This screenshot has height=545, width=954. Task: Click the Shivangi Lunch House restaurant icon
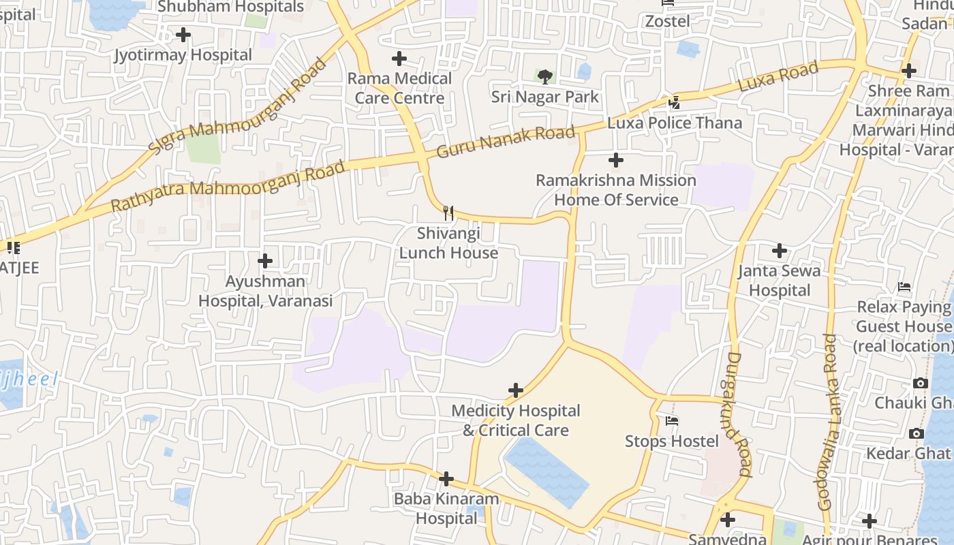(x=448, y=213)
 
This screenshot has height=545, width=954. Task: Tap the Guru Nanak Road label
(x=506, y=140)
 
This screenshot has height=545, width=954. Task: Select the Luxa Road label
(x=778, y=78)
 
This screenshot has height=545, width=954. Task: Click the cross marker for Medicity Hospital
(x=516, y=390)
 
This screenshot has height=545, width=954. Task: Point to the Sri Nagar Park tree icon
(x=544, y=76)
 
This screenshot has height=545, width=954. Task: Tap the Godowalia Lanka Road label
(x=827, y=422)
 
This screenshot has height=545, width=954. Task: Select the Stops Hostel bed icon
(x=672, y=421)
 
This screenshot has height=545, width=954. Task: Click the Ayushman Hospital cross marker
(x=265, y=261)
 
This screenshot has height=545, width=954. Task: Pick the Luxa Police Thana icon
(x=674, y=103)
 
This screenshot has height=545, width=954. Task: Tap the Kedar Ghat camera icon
(x=917, y=433)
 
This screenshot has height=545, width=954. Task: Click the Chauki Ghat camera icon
(x=920, y=383)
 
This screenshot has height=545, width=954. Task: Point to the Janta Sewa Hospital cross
(x=779, y=251)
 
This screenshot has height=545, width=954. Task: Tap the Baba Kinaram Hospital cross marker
(x=446, y=479)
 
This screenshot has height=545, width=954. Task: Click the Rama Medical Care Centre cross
(x=399, y=59)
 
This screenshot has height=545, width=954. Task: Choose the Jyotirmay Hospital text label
(x=183, y=54)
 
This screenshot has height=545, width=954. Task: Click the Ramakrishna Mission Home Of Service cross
(x=615, y=160)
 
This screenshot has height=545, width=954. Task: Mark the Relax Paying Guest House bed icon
(x=904, y=287)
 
